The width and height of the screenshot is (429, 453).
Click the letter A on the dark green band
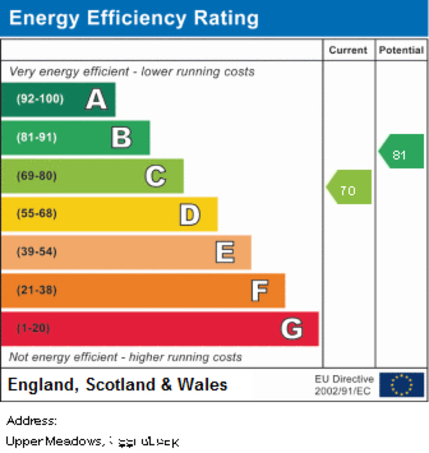96,99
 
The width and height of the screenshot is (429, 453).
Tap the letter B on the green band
121,138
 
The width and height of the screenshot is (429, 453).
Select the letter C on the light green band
155,176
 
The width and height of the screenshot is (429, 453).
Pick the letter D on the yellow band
189,215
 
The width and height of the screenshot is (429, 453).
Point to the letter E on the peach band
224,253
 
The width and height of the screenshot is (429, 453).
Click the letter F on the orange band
259,291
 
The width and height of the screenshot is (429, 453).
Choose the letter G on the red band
291,329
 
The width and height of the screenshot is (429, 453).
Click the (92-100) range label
40,99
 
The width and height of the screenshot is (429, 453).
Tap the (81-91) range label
37,137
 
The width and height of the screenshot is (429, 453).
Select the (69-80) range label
37,176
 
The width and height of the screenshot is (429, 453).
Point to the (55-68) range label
37,214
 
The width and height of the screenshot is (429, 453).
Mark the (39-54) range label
37,252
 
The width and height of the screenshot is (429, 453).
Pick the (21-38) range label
37,291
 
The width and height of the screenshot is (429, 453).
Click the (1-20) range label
33,329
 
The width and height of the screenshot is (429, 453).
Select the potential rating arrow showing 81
401,152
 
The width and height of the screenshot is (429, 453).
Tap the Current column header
348,50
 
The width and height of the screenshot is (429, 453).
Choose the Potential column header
401,50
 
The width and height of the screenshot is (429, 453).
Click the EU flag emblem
402,384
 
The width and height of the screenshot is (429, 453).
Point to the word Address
31,420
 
